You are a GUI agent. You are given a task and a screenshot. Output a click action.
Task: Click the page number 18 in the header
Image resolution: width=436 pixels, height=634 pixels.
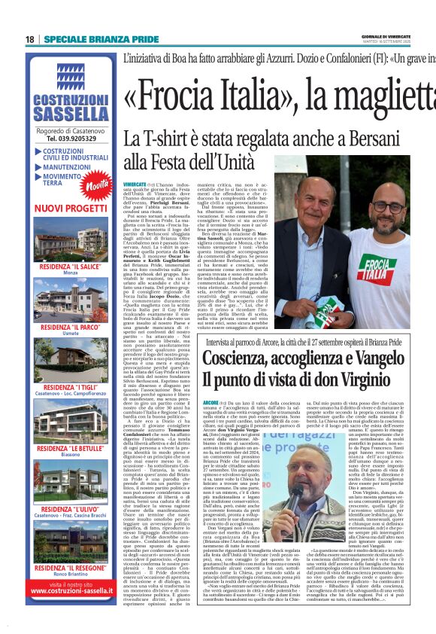coord(29,39)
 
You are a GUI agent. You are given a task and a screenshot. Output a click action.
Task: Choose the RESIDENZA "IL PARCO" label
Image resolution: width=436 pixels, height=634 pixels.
coord(70,328)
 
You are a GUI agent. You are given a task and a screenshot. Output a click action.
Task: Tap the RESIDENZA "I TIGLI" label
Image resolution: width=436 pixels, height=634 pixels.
coord(70,385)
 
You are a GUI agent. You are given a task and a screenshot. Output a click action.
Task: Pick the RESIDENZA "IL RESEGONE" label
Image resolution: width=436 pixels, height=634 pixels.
coord(70,567)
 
